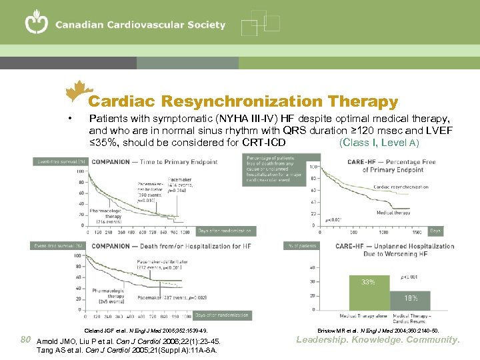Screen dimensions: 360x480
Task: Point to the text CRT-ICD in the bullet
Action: point(265,143)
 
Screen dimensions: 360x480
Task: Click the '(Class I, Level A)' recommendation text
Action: point(379,143)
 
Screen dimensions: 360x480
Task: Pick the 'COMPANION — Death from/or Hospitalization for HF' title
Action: point(171,247)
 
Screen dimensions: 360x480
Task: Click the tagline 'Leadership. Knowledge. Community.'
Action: point(379,340)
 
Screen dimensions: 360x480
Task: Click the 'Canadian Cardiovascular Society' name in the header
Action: point(140,25)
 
